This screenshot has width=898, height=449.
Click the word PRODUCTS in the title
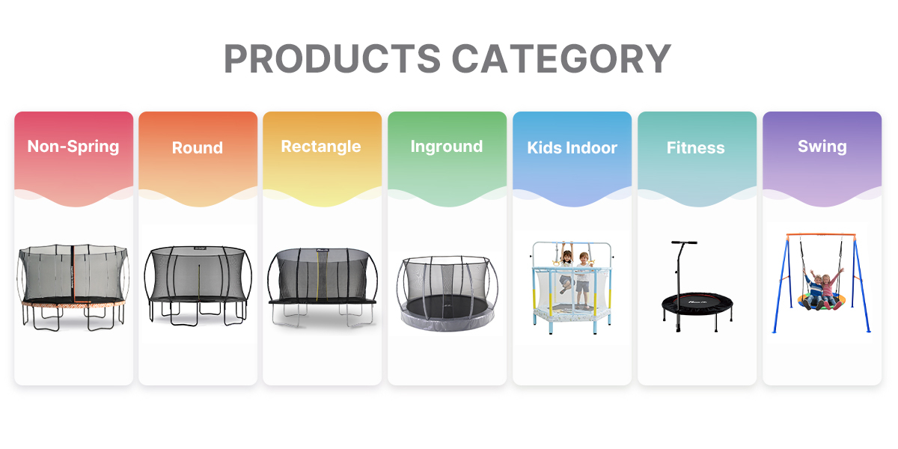pos(332,58)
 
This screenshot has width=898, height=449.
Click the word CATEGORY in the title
pos(561,58)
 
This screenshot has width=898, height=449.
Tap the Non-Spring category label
pos(73,147)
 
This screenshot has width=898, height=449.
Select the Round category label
pos(198,147)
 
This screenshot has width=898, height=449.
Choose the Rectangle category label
pos(321,147)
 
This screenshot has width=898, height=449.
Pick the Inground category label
pos(447,147)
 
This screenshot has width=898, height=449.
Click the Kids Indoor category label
pos(572,147)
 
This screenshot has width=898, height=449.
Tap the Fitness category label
pos(695,147)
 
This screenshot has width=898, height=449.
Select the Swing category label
pos(822,147)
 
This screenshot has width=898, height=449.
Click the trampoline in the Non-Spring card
pos(73,287)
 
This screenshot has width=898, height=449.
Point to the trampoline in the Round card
pos(198,285)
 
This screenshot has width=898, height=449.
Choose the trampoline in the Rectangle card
pos(323,287)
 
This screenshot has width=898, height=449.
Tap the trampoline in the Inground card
pos(448,293)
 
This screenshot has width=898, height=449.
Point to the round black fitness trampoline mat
pos(697,302)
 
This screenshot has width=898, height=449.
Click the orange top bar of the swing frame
pos(821,234)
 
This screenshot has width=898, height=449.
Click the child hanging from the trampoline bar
pos(566,269)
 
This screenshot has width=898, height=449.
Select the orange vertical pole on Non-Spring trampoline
pos(73,275)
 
